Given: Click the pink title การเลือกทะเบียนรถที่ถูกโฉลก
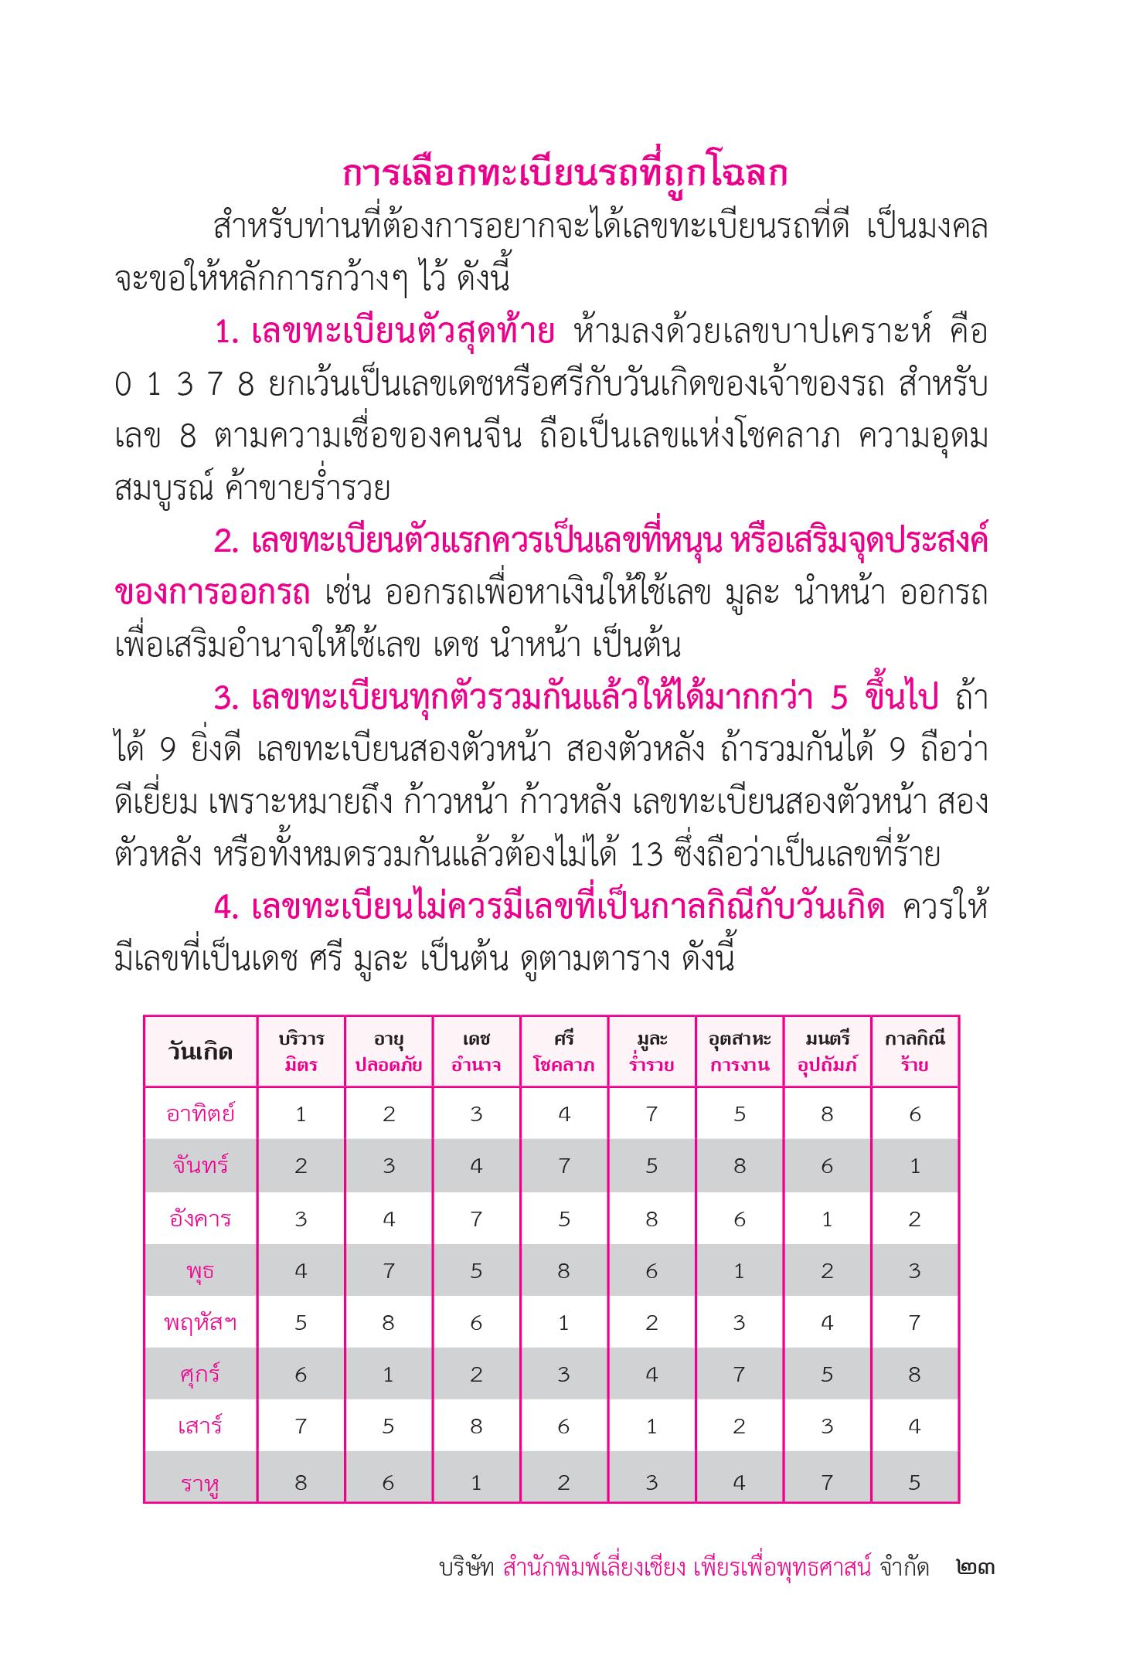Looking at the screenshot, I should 565,175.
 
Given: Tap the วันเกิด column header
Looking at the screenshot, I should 200,1052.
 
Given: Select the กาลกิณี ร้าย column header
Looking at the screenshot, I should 914,1052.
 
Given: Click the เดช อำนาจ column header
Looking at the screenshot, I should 476,1052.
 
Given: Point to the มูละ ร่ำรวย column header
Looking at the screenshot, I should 651,1052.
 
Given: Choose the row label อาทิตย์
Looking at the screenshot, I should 200,1114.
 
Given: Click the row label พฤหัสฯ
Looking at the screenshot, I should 200,1322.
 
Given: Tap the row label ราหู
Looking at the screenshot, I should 200,1483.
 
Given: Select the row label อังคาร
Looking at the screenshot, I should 200,1219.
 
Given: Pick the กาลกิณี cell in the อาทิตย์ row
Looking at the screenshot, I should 914,1114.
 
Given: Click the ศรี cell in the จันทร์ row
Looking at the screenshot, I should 564,1166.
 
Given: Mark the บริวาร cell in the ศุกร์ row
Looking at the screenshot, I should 301,1374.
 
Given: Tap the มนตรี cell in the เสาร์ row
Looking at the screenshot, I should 827,1426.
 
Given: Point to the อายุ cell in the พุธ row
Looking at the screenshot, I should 388,1270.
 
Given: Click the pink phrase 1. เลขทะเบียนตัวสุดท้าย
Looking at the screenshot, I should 384,333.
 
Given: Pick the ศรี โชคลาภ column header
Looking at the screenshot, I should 564,1052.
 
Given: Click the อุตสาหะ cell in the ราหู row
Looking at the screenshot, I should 739,1481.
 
